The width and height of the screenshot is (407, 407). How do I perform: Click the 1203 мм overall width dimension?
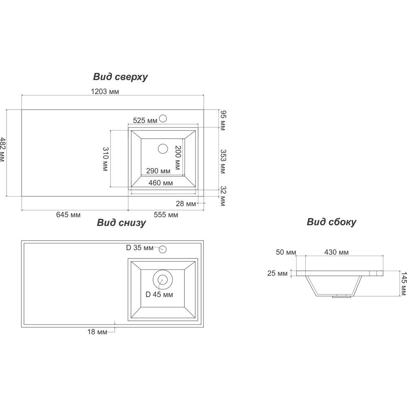tap(105, 91)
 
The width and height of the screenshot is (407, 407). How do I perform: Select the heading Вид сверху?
tap(120, 77)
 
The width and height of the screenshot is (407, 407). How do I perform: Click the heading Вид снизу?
tap(121, 223)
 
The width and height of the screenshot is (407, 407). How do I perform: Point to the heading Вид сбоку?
tap(331, 222)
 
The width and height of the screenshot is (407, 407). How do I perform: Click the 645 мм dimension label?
tap(68, 214)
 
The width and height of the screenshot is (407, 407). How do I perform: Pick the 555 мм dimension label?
tap(166, 214)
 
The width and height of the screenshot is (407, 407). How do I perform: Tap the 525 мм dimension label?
tap(145, 120)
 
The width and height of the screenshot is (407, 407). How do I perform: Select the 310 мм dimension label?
tap(105, 159)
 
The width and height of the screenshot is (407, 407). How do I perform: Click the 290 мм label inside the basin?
tap(158, 171)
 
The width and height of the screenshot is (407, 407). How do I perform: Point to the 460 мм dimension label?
tap(160, 183)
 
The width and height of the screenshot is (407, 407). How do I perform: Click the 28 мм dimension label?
tap(186, 204)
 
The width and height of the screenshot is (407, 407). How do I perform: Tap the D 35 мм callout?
tap(140, 247)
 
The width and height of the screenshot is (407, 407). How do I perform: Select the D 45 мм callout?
tap(159, 294)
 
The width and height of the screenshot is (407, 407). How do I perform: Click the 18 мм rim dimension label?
tap(97, 332)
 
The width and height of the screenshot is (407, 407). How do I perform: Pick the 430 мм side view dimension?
tap(337, 252)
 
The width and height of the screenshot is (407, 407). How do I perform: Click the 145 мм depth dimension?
tap(404, 284)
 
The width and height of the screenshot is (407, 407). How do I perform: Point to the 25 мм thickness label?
tap(278, 274)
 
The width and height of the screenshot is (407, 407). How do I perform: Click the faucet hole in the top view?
tap(163, 118)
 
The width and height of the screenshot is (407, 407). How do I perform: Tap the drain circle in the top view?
tap(163, 149)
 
